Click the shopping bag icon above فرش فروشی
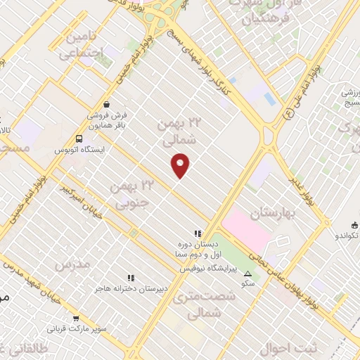point(105,103)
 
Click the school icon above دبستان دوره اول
point(198,234)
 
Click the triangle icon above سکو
point(247,273)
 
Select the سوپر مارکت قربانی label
point(77,328)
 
